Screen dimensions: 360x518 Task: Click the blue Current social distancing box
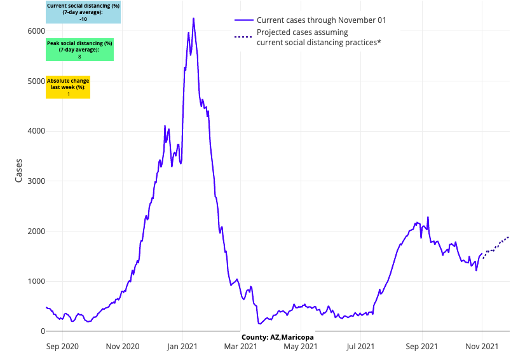click(83, 12)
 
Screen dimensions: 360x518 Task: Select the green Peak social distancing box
click(79, 50)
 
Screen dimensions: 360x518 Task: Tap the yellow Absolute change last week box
click(68, 87)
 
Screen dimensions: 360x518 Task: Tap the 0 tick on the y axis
click(43, 331)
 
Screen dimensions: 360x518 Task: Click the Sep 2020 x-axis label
click(62, 347)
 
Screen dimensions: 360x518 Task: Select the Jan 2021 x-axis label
click(182, 347)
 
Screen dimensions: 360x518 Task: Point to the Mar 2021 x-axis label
click(242, 347)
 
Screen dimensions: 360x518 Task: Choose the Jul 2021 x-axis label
click(361, 347)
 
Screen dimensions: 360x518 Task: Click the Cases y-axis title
click(19, 170)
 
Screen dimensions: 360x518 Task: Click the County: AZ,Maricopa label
click(277, 336)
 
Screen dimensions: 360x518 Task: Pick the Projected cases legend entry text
click(318, 38)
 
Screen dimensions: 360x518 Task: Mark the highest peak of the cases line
click(193, 18)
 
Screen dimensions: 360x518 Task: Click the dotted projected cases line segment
click(496, 246)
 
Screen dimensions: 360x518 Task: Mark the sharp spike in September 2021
click(428, 218)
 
